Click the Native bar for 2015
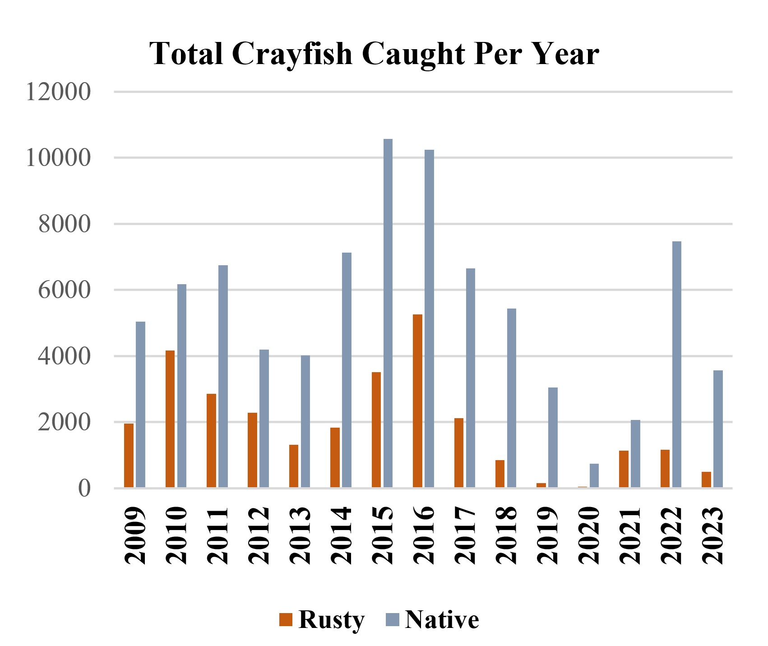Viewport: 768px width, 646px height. tap(388, 313)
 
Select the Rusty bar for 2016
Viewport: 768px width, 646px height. tap(417, 401)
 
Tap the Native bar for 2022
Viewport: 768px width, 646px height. tap(676, 364)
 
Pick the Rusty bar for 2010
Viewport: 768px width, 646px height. tap(170, 419)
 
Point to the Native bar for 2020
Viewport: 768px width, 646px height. tap(594, 475)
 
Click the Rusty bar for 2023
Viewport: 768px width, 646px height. tap(706, 480)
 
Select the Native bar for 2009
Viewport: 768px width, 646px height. tap(140, 404)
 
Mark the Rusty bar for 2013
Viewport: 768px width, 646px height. tap(294, 466)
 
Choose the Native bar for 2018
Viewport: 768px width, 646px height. tap(511, 398)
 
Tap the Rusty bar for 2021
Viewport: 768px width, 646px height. tap(624, 469)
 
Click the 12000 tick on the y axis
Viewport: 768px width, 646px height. tap(58, 92)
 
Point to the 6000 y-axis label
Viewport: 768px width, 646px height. tap(65, 290)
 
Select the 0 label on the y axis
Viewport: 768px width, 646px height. tap(84, 488)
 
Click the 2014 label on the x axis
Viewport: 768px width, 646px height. tap(341, 535)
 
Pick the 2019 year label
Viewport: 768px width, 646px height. tap(547, 535)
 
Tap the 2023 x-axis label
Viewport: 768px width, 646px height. tap(712, 535)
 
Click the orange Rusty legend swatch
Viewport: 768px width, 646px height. tap(286, 619)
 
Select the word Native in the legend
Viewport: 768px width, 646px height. tap(442, 619)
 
